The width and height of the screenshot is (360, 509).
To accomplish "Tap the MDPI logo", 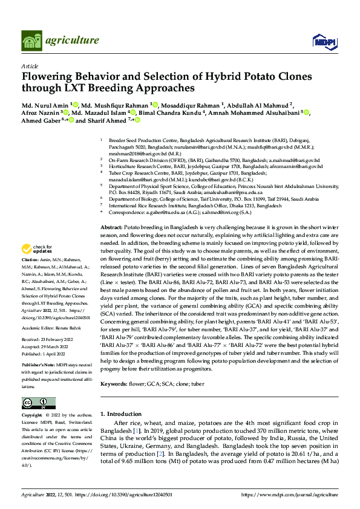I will point(321,41).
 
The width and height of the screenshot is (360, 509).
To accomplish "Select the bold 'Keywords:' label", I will point(115,383).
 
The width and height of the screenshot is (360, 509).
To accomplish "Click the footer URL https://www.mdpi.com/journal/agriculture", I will point(290,494).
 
